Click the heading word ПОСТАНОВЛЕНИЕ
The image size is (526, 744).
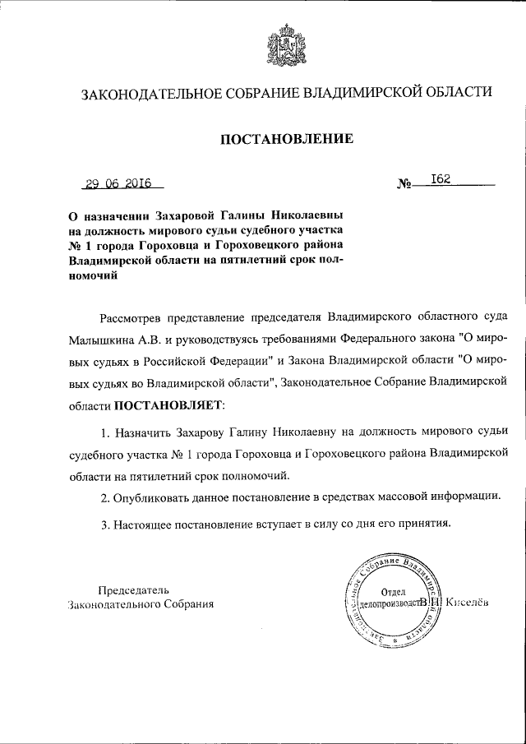click(x=285, y=139)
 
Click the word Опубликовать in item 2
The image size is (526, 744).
click(x=150, y=497)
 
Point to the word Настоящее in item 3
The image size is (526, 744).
click(x=143, y=524)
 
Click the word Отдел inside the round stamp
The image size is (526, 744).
click(x=394, y=591)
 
